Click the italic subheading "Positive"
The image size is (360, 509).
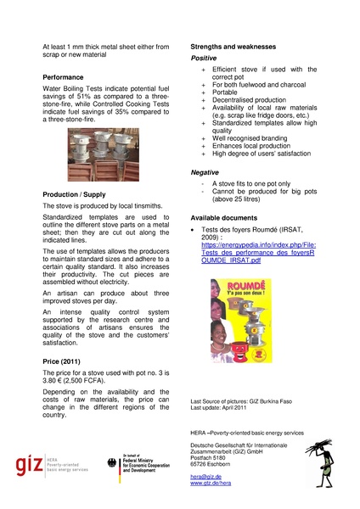coord(204,58)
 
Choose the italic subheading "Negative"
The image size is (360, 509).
coord(205,172)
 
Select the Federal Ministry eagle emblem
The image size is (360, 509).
coord(114,465)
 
